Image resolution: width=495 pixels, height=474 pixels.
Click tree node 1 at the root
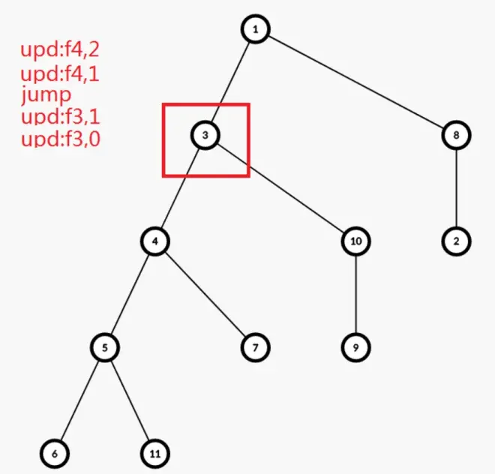point(255,29)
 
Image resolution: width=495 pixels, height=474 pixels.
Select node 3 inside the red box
point(205,135)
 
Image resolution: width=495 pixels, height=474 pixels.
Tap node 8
point(456,135)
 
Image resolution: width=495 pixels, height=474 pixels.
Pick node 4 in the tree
point(154,241)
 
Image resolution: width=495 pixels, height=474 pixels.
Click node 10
point(355,241)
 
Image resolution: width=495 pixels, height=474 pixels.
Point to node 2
point(456,241)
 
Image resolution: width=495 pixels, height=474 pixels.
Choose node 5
point(105,347)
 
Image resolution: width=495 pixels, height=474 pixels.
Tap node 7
point(255,347)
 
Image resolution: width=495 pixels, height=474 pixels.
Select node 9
point(355,347)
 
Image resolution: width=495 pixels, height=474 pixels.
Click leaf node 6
point(55,454)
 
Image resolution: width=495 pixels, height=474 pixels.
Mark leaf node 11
point(154,454)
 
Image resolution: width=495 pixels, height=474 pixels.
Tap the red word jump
point(46,95)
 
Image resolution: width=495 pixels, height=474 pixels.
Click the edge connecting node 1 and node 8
point(355,82)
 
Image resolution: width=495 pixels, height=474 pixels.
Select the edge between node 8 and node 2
point(456,188)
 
